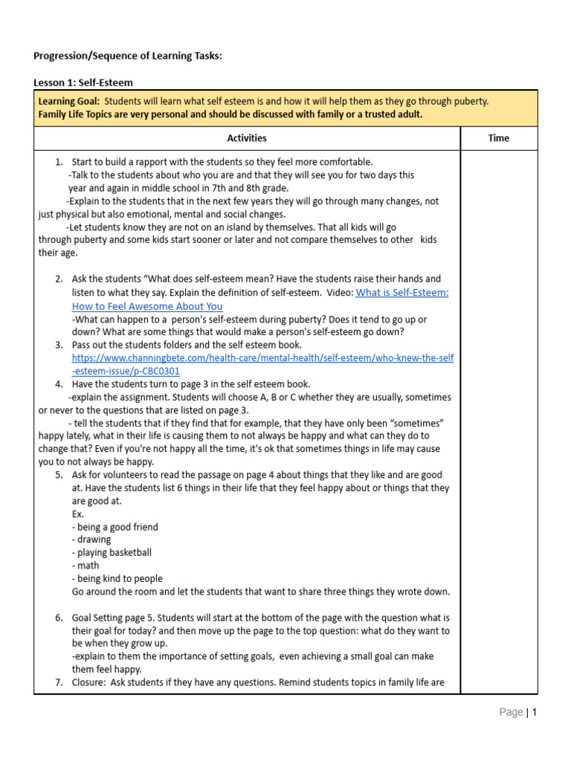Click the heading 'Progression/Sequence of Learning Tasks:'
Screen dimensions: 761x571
coord(128,56)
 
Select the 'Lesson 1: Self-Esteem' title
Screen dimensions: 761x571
coord(83,82)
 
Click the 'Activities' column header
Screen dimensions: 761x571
coord(247,138)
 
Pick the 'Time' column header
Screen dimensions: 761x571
coord(498,138)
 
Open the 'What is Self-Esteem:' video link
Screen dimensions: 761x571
coord(401,293)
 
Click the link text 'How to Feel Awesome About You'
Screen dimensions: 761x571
coord(147,306)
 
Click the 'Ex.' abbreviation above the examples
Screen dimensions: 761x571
coord(78,514)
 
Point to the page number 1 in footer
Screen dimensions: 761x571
coord(534,712)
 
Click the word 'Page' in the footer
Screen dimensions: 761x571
coord(511,712)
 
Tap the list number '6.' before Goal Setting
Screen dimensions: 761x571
coord(59,618)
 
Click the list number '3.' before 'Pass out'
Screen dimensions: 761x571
coord(59,345)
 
